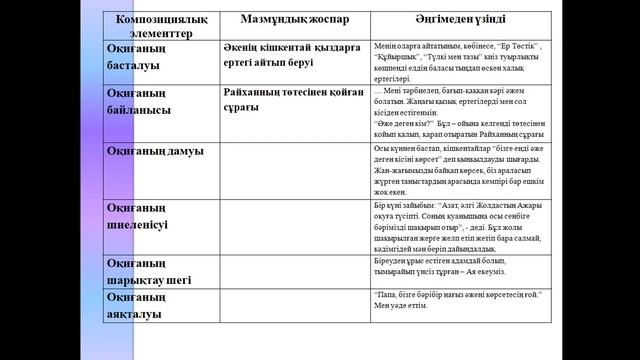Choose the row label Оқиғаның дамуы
point(155,150)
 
